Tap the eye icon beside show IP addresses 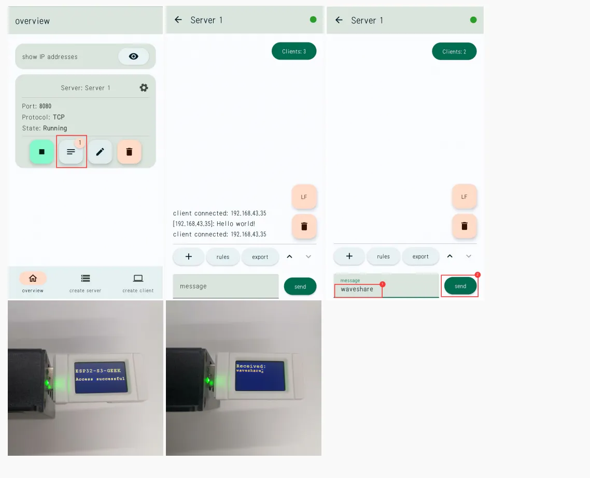point(134,56)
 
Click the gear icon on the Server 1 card point(144,88)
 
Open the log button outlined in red point(71,152)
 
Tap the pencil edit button point(100,152)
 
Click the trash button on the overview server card point(129,152)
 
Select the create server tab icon point(86,278)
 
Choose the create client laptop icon point(138,278)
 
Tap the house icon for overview point(33,278)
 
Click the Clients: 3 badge point(294,51)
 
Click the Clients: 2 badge point(454,51)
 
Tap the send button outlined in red point(460,286)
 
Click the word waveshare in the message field point(357,289)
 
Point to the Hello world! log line point(214,224)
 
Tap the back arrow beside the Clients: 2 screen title point(339,20)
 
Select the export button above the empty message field point(260,257)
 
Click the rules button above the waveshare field point(383,256)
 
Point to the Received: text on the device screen point(251,366)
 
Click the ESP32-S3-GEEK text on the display point(98,370)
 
